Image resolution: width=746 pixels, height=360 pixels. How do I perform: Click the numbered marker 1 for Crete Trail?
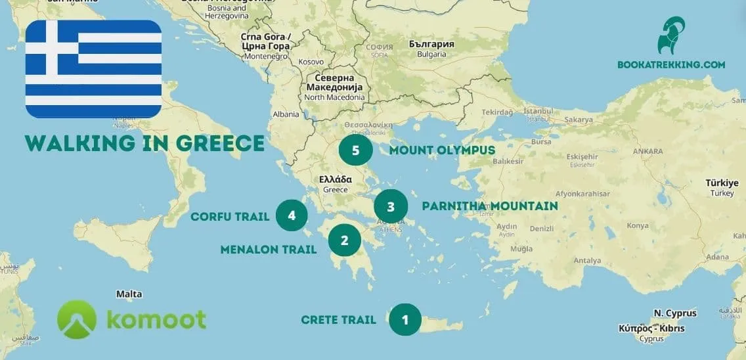click(405, 320)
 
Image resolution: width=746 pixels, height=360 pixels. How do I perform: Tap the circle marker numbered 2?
click(344, 240)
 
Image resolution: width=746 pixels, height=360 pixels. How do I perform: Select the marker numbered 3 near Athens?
click(391, 207)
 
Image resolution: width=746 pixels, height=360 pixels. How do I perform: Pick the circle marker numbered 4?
click(292, 215)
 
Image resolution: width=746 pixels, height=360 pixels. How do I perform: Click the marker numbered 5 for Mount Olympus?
click(355, 150)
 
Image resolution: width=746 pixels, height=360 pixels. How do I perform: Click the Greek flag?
click(94, 69)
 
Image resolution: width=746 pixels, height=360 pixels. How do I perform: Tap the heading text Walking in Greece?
click(145, 143)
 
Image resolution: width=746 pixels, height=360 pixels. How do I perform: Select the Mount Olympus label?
click(442, 150)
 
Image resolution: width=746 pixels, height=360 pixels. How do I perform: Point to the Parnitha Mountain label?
click(489, 206)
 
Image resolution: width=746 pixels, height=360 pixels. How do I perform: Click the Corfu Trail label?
click(230, 216)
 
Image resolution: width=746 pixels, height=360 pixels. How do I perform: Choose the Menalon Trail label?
click(269, 249)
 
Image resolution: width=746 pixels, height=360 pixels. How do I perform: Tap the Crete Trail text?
click(338, 320)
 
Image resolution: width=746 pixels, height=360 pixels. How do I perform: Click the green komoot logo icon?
click(77, 319)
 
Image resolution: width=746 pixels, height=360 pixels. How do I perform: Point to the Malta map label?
click(129, 294)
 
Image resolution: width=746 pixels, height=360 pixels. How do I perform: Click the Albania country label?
click(286, 114)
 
